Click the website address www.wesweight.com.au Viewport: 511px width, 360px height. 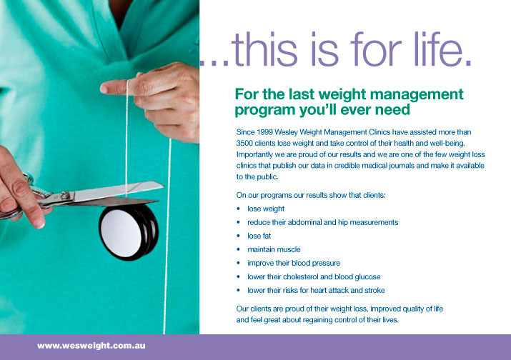[86, 346]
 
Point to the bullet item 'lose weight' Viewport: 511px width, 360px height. [266, 209]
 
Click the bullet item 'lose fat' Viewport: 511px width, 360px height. [259, 236]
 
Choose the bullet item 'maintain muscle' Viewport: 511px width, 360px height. [274, 249]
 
